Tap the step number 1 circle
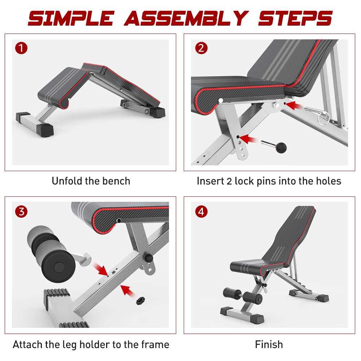pos(22,48)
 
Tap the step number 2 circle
pos(201,48)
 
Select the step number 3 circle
pos(22,212)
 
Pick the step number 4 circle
pos(201,212)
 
